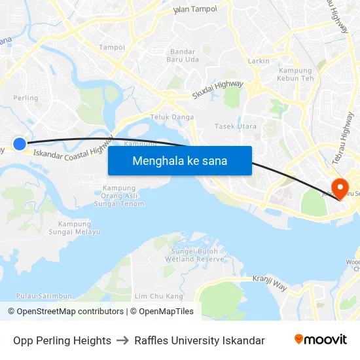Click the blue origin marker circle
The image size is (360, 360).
[20, 143]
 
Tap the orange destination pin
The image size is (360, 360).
[340, 189]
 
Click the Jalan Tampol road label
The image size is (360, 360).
[194, 9]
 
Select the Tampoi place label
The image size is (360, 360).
[111, 47]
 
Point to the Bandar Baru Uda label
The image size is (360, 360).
[184, 55]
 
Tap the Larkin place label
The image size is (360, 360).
[259, 61]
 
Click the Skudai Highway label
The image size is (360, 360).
[218, 90]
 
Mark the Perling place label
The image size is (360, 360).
[26, 98]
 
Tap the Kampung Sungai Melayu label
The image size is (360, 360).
[75, 228]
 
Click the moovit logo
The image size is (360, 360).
[320, 340]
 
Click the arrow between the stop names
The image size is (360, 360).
[122, 340]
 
